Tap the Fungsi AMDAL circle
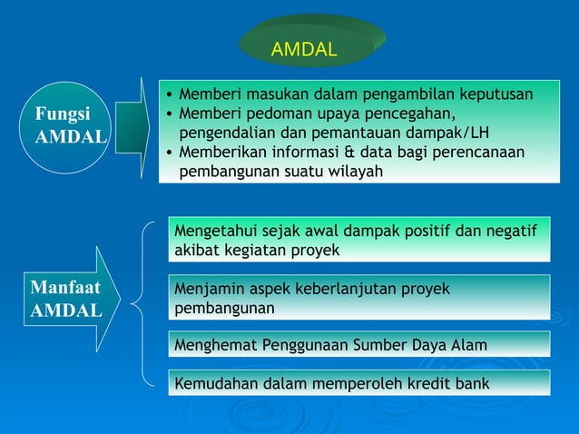point(69,128)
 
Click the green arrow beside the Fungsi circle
point(132,128)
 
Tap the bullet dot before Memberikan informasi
point(169,152)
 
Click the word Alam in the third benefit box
point(468,345)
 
